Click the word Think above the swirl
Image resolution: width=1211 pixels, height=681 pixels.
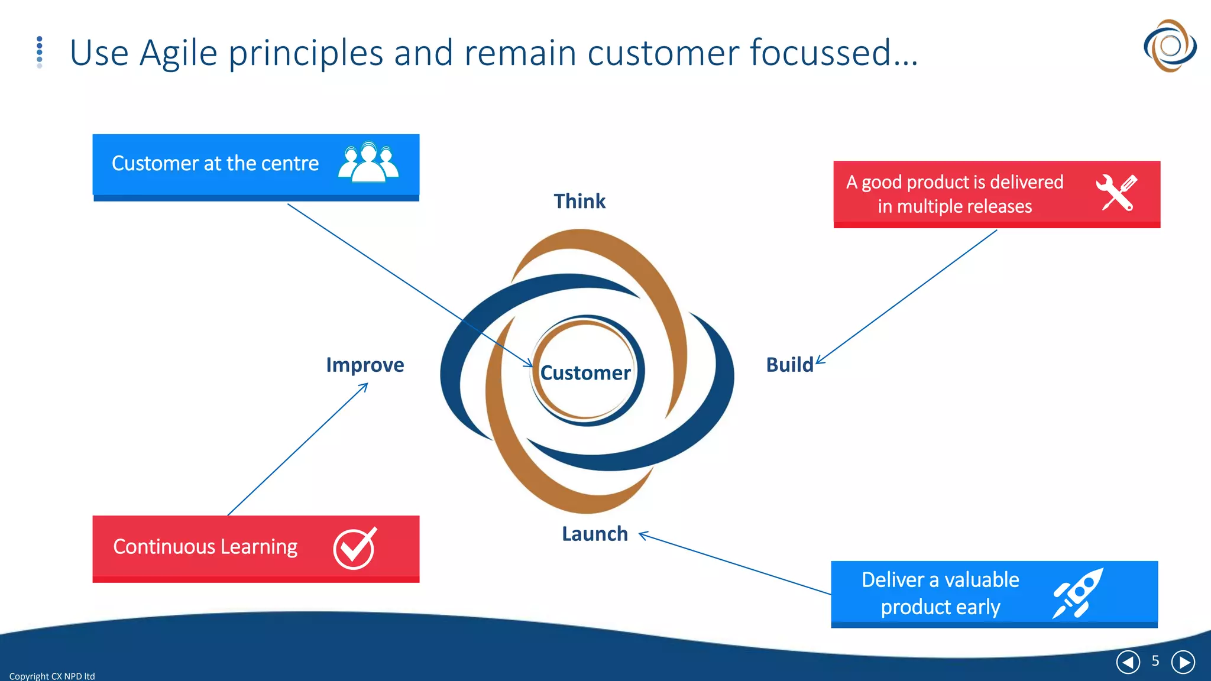point(579,202)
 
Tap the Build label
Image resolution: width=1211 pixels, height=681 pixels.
point(789,365)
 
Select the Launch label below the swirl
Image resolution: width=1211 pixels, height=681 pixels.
point(594,534)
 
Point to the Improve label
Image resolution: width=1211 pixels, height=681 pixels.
point(365,365)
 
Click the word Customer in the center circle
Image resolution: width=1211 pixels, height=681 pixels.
point(585,372)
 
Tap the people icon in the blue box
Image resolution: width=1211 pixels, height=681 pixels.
point(368,163)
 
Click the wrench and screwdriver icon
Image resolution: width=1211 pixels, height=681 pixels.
point(1116,193)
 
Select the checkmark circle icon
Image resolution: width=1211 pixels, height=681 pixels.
point(354,548)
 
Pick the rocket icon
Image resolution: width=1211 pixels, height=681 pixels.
point(1078,594)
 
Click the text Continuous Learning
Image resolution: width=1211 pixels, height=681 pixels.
point(205,547)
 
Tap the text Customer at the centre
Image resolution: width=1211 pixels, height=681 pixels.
point(215,163)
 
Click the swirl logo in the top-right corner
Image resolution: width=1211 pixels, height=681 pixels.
point(1170,46)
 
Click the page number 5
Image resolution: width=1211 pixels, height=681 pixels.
point(1155,661)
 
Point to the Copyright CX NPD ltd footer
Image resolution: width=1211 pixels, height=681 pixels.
point(52,676)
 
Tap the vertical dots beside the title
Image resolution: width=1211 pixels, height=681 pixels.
point(40,52)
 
